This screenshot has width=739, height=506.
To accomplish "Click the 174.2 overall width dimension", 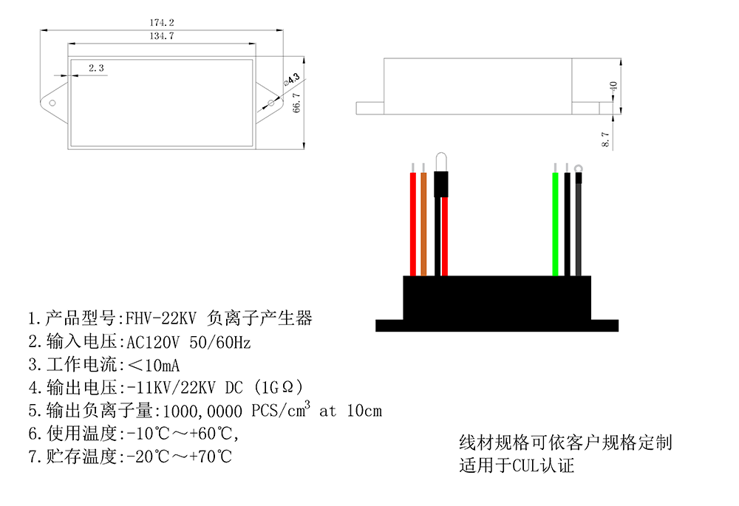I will pyautogui.click(x=161, y=23).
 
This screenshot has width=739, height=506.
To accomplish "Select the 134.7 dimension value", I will pyautogui.click(x=161, y=35).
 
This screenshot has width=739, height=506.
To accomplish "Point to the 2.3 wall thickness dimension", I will pyautogui.click(x=96, y=68).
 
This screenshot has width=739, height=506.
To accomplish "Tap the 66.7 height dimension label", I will pyautogui.click(x=296, y=103).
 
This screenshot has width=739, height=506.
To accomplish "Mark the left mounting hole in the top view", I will pyautogui.click(x=53, y=103).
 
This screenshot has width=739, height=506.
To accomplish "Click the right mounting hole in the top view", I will pyautogui.click(x=270, y=103).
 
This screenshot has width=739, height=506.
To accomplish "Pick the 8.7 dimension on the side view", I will pyautogui.click(x=606, y=139).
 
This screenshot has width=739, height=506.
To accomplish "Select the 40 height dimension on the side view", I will pyautogui.click(x=612, y=86).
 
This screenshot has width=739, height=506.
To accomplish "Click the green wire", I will pyautogui.click(x=555, y=222).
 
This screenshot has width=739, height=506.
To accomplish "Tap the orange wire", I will pyautogui.click(x=423, y=222).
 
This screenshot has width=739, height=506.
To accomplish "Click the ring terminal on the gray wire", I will pyautogui.click(x=578, y=168).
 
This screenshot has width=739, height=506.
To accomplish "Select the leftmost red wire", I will pyautogui.click(x=412, y=222).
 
